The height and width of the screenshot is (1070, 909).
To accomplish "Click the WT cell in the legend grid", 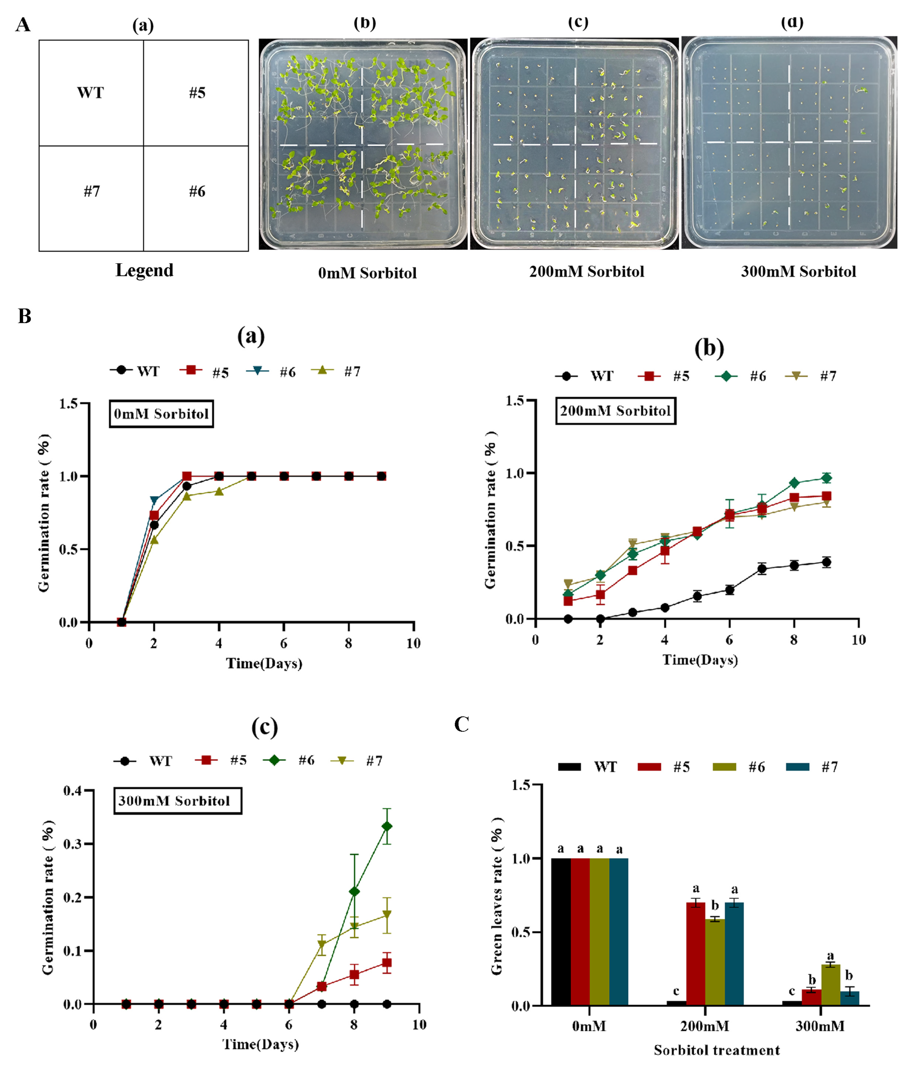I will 91,93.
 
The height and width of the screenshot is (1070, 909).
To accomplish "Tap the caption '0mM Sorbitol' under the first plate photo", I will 367,273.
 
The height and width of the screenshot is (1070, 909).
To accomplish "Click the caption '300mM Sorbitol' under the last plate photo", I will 798,271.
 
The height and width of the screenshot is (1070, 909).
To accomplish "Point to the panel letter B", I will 24,316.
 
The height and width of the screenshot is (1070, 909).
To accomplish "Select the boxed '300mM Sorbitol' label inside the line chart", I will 177,800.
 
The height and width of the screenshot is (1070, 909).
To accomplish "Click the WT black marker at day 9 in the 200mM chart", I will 826,562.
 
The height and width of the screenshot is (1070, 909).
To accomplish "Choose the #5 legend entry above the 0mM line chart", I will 205,371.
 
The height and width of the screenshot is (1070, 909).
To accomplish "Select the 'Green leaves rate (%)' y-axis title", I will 497,895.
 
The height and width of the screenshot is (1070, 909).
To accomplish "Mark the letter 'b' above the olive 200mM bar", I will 715,905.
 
